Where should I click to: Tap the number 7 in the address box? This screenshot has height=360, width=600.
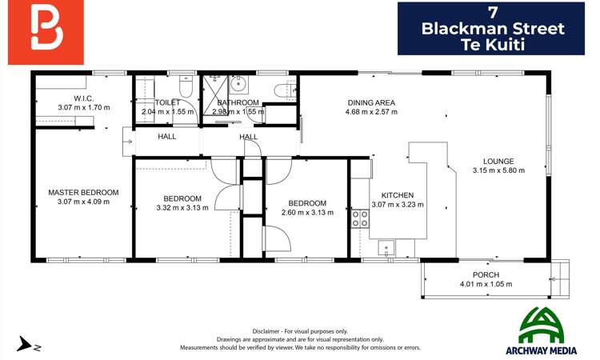click(x=492, y=12)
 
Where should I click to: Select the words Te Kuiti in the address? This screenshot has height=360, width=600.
click(x=492, y=45)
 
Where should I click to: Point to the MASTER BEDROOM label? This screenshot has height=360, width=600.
click(x=83, y=192)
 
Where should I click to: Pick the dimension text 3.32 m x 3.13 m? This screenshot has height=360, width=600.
click(x=182, y=208)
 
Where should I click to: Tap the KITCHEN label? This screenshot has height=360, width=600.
click(x=397, y=195)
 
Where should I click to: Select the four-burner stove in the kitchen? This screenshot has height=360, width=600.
click(x=360, y=218)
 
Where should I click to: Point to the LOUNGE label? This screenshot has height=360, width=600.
click(x=498, y=161)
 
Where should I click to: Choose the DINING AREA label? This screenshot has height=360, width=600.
click(x=371, y=103)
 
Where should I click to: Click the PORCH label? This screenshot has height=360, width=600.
click(x=486, y=275)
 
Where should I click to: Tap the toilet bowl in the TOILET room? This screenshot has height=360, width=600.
click(x=186, y=82)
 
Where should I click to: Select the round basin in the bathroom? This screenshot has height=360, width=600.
click(x=238, y=82)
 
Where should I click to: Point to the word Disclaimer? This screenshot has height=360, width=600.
click(x=266, y=330)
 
